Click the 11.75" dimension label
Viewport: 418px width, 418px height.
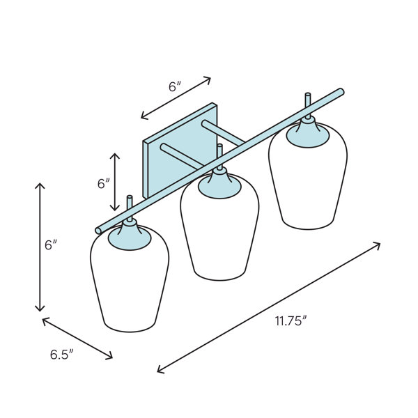click(x=291, y=320)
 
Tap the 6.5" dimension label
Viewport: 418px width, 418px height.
click(x=61, y=355)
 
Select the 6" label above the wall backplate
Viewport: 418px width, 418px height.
click(x=175, y=86)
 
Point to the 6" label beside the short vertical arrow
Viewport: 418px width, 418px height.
click(x=103, y=184)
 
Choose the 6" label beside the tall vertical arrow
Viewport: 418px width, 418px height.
click(x=51, y=245)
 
